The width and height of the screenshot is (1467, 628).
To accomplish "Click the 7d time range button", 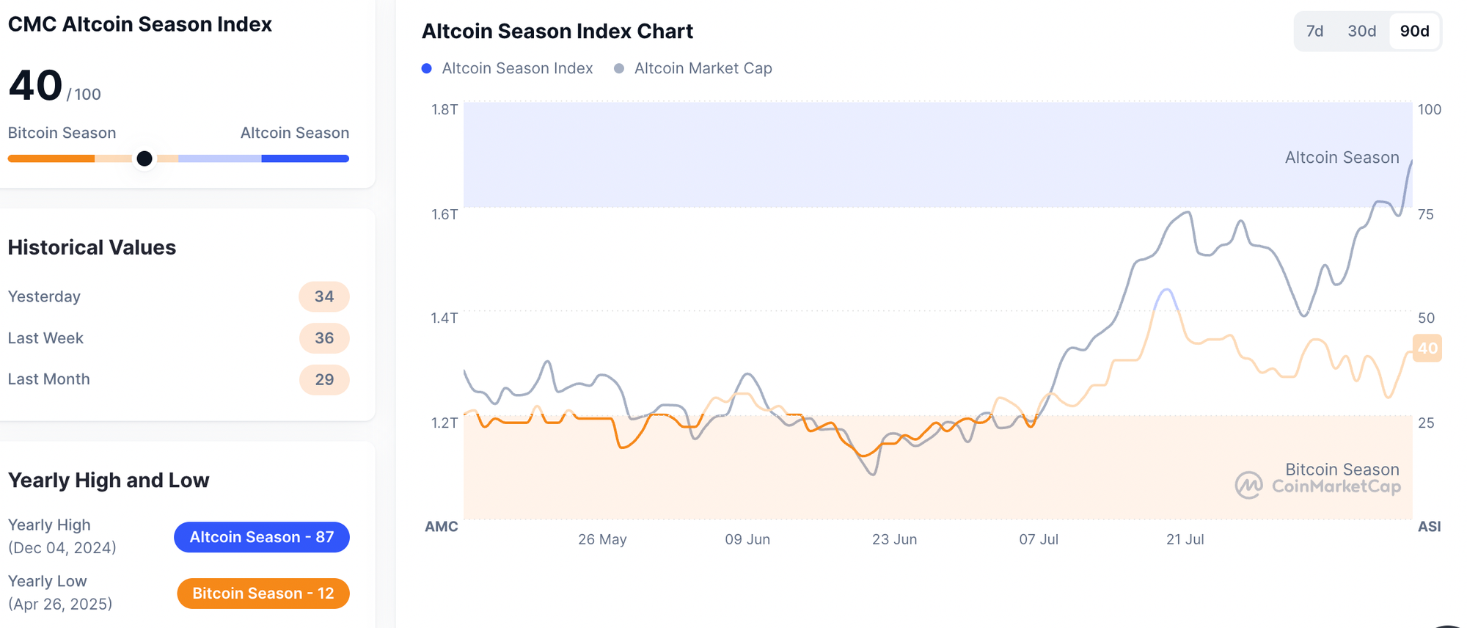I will [x=1314, y=31].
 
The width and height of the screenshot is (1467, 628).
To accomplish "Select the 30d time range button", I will [x=1361, y=31].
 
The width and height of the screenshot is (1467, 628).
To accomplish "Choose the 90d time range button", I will [x=1414, y=31].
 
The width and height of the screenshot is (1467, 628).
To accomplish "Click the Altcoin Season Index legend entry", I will [x=516, y=68].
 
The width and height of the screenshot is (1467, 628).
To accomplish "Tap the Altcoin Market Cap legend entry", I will [x=702, y=68].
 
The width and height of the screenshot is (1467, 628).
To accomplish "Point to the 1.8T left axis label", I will [x=444, y=109].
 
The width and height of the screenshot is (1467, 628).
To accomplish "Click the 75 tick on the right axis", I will [x=1425, y=214].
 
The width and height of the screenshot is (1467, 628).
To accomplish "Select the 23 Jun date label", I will [x=894, y=539].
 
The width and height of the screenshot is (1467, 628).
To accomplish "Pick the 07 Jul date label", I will [x=1038, y=539].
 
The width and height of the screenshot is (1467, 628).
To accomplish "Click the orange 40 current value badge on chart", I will [x=1427, y=348].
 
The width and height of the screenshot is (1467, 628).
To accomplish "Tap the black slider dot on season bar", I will [x=144, y=158].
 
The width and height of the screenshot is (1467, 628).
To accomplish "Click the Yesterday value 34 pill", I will [x=324, y=296].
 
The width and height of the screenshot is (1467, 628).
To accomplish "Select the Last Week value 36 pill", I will [x=324, y=338].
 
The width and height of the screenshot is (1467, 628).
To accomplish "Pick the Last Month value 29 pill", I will [x=324, y=379].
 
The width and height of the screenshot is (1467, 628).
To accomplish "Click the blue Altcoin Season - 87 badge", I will [x=261, y=537].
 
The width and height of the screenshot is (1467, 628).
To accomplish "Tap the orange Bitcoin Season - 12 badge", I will [x=263, y=593].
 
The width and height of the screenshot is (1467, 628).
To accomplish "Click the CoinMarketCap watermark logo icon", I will [x=1248, y=485].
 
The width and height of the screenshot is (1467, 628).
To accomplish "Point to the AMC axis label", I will [x=441, y=526].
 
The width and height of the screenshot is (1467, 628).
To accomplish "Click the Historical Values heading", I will [x=92, y=247].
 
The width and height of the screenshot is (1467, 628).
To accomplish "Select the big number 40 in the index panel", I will [x=35, y=85].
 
